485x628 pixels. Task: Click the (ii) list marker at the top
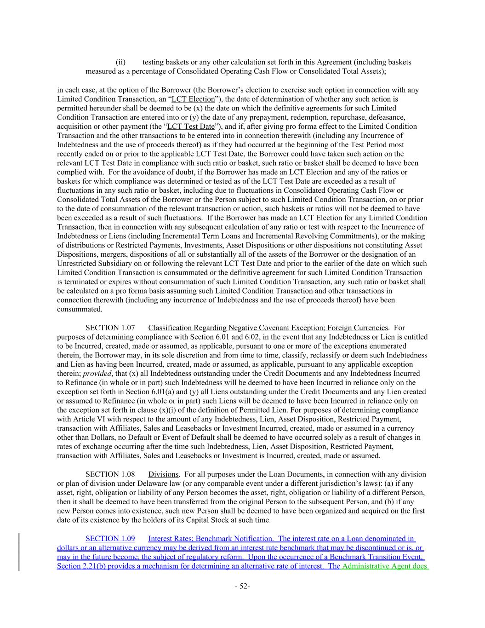(120, 62)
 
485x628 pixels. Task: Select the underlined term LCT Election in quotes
(193, 99)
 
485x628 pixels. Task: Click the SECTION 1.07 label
(110, 328)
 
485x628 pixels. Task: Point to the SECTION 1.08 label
(110, 474)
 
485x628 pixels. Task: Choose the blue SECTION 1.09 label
(110, 538)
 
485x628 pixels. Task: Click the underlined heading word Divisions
(163, 474)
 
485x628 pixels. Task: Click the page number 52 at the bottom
(242, 586)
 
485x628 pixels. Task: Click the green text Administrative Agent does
(385, 566)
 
